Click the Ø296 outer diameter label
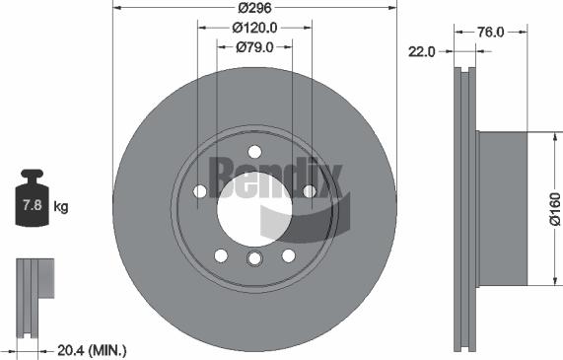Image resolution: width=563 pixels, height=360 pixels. pos(253,8)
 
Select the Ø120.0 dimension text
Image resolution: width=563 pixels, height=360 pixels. pos(254,28)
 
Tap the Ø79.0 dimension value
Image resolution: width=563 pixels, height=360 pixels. pos(253,47)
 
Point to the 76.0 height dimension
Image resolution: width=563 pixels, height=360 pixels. pos(491,32)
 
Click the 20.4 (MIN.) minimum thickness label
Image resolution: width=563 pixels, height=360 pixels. pos(94,350)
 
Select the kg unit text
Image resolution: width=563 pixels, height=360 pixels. pos(61,206)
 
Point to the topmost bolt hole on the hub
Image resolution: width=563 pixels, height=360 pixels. pos(254,151)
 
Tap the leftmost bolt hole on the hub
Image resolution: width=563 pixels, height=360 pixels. pos(200,191)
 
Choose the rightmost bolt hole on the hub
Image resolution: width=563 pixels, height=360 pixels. pos(309,191)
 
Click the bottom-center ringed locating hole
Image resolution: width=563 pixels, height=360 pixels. pos(254,258)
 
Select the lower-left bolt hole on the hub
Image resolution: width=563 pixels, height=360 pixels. pos(220,255)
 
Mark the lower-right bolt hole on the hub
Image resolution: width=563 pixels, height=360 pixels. pos(288,255)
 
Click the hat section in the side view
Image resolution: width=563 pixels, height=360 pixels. pos(502,208)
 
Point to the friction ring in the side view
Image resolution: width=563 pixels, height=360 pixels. pos(463,208)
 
